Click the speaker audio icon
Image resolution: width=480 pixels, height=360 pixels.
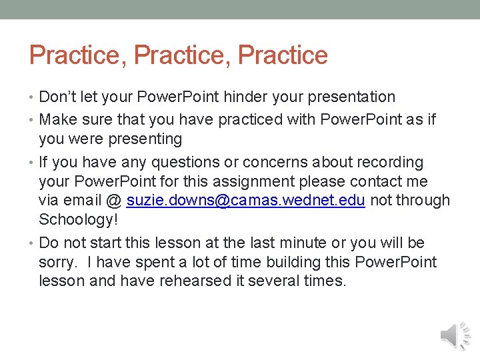(x=455, y=335)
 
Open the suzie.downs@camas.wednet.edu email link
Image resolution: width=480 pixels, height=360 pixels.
(x=245, y=201)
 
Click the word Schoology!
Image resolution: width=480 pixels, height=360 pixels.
(x=78, y=219)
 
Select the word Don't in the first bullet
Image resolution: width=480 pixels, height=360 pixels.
(x=58, y=97)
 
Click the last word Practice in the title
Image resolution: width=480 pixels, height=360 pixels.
(x=283, y=55)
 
